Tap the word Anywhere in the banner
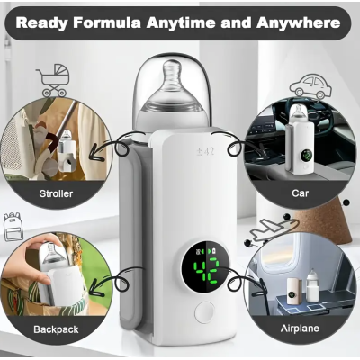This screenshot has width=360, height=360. coord(298,22)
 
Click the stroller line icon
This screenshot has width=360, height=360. coord(53,80)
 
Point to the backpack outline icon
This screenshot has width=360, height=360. coord(13,227)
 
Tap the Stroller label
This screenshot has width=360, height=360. coord(56,193)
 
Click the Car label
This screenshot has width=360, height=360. coord(300,193)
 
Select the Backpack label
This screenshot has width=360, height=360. coord(56,329)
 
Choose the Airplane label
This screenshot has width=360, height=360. coord(300,328)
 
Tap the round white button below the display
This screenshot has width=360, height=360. coord(204,312)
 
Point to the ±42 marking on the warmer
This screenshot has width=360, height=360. coord(205,151)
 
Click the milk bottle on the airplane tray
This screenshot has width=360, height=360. coord(313,285)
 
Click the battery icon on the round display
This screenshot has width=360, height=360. coord(214,250)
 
